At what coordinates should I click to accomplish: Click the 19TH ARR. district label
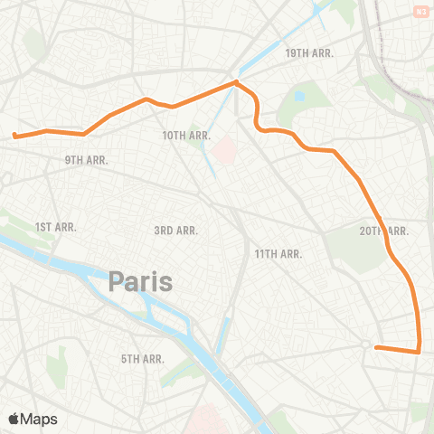(x=309, y=53)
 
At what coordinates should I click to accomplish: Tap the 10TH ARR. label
(x=186, y=136)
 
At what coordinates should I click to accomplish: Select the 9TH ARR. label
(x=86, y=160)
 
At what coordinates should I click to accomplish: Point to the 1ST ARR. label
(x=55, y=227)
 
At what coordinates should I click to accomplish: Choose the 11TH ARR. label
(x=278, y=254)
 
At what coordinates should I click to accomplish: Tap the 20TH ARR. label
(x=383, y=231)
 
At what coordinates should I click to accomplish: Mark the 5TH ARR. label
(x=142, y=359)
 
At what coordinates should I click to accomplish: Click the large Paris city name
(x=140, y=281)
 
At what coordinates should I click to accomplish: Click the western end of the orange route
(x=14, y=137)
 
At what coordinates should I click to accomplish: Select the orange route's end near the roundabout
(x=375, y=347)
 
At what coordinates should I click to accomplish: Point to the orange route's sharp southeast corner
(x=420, y=352)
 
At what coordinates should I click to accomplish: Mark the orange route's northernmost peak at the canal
(x=236, y=82)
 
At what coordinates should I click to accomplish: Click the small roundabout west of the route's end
(x=365, y=344)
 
